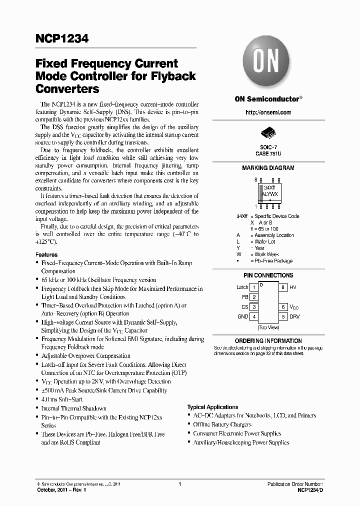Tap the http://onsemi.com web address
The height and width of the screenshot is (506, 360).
(268, 112)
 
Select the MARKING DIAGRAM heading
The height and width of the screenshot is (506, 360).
(268, 168)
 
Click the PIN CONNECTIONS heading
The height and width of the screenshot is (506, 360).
(268, 275)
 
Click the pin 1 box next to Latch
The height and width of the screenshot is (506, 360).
(254, 287)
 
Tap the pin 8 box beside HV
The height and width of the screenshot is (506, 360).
(282, 287)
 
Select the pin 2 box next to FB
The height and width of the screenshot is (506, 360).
(254, 297)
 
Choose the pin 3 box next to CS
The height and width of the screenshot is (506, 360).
(254, 307)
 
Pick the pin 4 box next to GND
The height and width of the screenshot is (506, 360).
(254, 316)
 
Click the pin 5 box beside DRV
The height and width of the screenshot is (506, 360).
(282, 316)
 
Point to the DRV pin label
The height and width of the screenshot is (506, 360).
(294, 316)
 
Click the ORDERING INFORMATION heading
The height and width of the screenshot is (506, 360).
(268, 341)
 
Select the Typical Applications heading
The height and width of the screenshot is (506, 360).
(213, 407)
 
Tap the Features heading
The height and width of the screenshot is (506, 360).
(46, 254)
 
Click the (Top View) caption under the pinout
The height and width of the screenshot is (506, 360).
(268, 327)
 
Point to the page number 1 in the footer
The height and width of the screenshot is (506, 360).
(179, 484)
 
